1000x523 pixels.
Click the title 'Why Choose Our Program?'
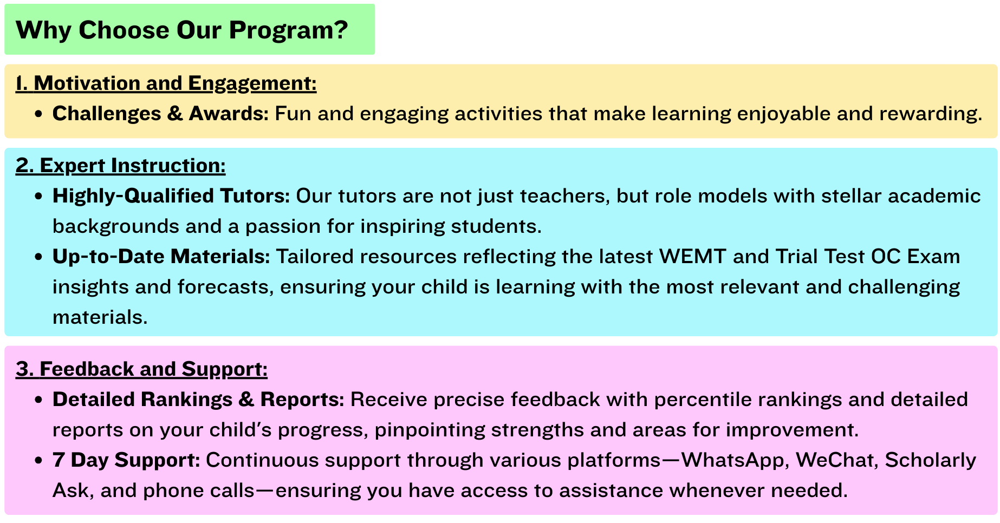pos(182,30)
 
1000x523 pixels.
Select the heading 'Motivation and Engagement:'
pos(175,83)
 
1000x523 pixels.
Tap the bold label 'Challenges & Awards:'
pos(160,114)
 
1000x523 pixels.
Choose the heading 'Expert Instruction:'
pos(133,166)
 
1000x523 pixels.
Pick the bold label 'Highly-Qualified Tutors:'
pos(171,196)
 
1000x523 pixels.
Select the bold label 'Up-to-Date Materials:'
pos(161,257)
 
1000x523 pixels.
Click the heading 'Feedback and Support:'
pos(154,369)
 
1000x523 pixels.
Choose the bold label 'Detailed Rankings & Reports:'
pos(198,400)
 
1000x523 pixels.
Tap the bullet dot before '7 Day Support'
pos(38,461)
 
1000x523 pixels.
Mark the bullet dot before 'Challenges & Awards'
pos(38,114)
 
